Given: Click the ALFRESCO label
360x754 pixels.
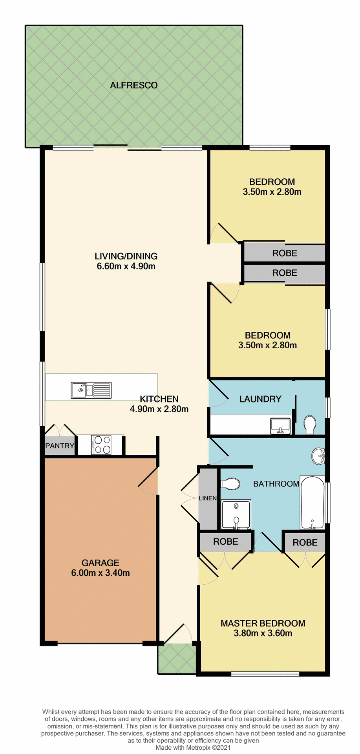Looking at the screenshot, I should pos(133,85).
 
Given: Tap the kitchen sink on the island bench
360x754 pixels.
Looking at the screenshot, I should pos(91,390).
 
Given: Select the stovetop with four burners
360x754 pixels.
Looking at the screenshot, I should pos(101,445).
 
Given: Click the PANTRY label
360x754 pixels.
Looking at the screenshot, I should pos(60,445).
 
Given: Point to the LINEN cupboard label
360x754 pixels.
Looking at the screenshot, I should pos(208,498).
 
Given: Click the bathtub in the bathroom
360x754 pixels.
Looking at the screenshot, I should pos(312,503).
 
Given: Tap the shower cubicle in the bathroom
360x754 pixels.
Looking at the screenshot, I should pos(236,514).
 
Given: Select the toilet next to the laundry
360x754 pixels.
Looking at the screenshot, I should pos(310,425).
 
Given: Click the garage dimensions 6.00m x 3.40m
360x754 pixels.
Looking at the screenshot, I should pos(101,573).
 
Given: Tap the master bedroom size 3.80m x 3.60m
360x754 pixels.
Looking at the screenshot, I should pos(263,633).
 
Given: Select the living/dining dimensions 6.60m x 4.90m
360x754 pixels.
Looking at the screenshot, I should pos(126,266).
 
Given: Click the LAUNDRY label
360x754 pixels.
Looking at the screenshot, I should pos(260,399).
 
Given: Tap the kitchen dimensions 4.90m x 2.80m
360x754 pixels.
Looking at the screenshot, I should pos(159,409).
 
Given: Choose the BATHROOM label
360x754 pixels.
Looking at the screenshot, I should pos(276,484).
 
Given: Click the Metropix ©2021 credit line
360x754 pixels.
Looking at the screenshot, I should pos(193,747).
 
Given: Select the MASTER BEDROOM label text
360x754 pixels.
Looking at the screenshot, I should pos(263,623).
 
